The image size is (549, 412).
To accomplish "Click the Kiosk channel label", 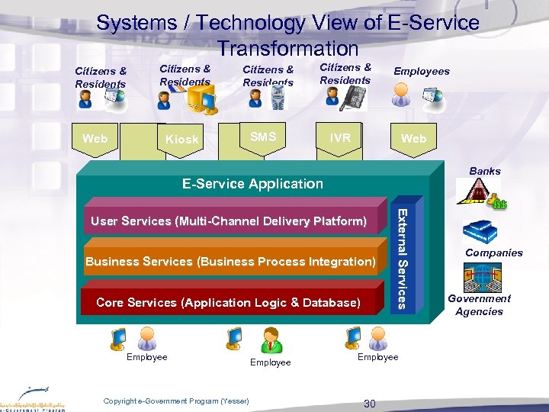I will point(181,140).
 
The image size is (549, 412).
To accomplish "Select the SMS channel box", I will point(263,137).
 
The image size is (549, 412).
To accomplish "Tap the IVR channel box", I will point(340,138).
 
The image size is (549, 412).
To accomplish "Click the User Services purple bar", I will point(229,221).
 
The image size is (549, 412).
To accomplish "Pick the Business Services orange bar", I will point(231,262).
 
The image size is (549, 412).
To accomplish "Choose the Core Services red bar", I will point(229,303).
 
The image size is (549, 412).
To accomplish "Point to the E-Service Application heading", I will point(252,183).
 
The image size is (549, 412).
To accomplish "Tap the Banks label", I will point(485,171).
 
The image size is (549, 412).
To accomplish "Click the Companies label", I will point(494,253).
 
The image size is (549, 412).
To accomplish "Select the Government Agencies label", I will point(480,304).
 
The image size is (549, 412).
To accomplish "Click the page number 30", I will point(370,404).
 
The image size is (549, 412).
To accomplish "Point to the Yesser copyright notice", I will point(176,401).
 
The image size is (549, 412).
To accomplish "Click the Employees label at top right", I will point(421,71).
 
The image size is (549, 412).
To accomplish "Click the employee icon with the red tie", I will point(271,340).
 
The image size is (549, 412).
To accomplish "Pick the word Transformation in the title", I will point(287,49).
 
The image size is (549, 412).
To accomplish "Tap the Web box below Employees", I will point(414,138).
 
